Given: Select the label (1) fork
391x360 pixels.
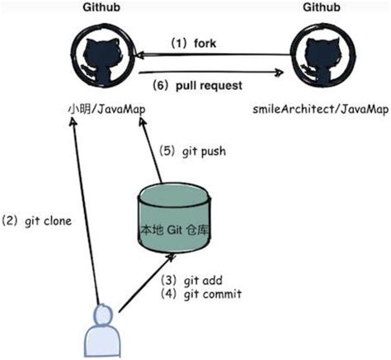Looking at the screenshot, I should point(193,43).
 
